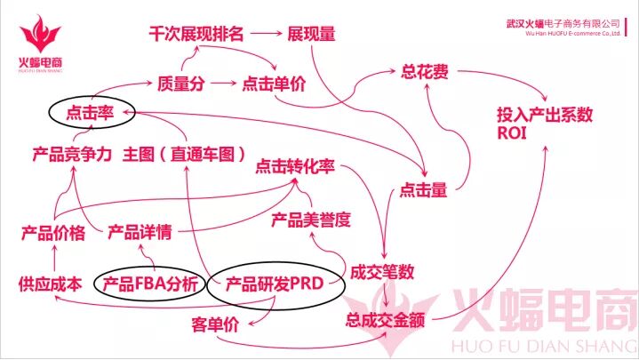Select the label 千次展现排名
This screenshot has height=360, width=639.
pyautogui.click(x=195, y=35)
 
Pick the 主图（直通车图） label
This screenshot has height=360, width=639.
pyautogui.click(x=185, y=154)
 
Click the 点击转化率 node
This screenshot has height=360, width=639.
pyautogui.click(x=294, y=165)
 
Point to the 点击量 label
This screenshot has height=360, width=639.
pyautogui.click(x=422, y=189)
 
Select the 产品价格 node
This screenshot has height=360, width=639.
pyautogui.click(x=52, y=234)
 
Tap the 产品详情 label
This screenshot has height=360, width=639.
pyautogui.click(x=140, y=234)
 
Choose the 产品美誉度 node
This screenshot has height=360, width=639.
pyautogui.click(x=311, y=218)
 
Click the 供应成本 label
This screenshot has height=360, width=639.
pyautogui.click(x=50, y=284)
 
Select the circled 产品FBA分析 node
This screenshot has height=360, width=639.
pyautogui.click(x=152, y=284)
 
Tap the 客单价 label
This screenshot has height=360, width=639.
pyautogui.click(x=216, y=324)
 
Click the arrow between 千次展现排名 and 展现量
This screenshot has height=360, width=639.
pyautogui.click(x=265, y=35)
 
